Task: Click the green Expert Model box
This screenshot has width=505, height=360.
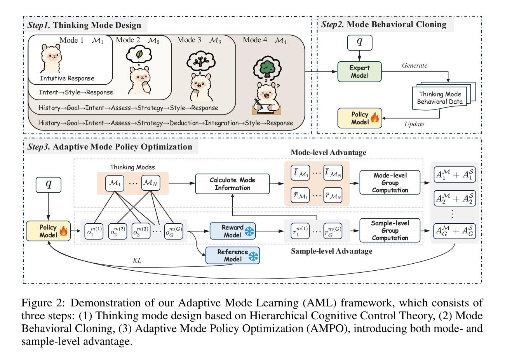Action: click(x=359, y=71)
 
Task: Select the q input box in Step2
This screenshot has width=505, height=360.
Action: click(x=360, y=43)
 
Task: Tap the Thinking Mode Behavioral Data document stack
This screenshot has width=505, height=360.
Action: click(x=444, y=96)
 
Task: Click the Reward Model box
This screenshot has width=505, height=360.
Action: click(x=232, y=231)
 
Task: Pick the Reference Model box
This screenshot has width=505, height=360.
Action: click(x=232, y=256)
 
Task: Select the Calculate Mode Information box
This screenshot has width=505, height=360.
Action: click(x=232, y=184)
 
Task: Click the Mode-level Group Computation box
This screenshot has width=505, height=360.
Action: click(x=390, y=183)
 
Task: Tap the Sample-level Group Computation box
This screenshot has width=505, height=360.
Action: click(x=390, y=230)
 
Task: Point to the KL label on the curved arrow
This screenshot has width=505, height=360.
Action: click(x=137, y=260)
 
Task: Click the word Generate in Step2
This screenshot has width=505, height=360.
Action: click(x=414, y=66)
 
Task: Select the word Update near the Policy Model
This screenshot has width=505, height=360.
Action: click(x=414, y=124)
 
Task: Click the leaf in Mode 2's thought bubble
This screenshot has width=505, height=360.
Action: click(x=139, y=54)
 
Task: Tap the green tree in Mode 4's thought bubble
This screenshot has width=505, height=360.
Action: click(x=267, y=69)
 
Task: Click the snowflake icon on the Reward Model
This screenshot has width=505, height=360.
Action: click(x=249, y=231)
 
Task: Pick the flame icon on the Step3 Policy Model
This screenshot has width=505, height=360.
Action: click(x=64, y=231)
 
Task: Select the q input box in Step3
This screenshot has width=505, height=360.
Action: click(x=49, y=185)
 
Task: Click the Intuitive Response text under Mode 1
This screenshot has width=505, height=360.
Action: click(x=67, y=78)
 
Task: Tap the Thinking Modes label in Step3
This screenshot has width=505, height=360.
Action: click(x=132, y=167)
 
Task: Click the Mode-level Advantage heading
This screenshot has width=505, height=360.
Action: click(x=328, y=153)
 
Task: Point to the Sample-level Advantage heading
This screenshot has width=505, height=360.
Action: click(x=331, y=251)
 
